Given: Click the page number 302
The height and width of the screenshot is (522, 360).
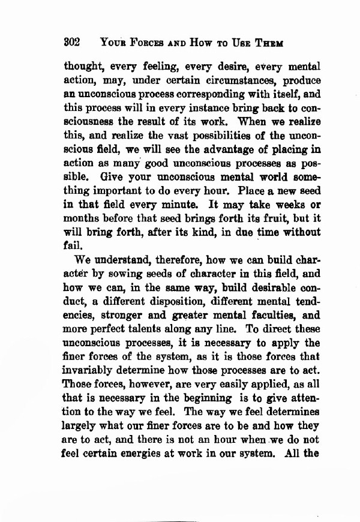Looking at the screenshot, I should (x=73, y=43).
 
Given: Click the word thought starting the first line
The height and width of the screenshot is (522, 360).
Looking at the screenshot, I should (x=88, y=65).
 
